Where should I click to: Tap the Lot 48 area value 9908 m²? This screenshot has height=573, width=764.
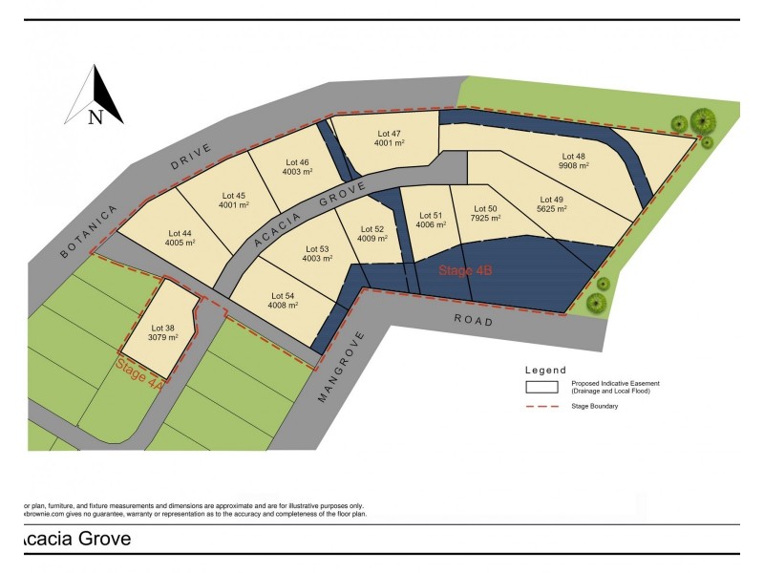573,165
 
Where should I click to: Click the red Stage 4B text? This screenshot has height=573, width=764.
465,271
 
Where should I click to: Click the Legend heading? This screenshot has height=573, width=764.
545,371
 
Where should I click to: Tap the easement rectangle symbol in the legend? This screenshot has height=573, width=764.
542,387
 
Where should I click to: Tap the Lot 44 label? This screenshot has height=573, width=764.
180,233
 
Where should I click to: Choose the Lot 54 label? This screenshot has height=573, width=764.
284,296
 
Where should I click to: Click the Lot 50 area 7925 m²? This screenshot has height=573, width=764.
485,218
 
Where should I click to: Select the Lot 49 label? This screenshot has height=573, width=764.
552,199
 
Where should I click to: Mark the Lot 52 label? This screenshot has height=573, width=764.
372,229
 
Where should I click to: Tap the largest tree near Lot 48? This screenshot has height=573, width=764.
703,121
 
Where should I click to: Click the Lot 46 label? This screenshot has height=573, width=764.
297,162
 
